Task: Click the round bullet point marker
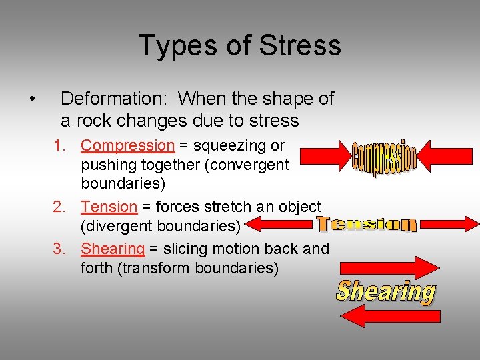click(x=33, y=100)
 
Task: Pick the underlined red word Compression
click(x=127, y=145)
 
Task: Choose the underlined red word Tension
click(x=109, y=207)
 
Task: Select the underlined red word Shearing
click(x=113, y=249)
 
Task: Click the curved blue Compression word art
click(x=385, y=158)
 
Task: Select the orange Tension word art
click(x=366, y=224)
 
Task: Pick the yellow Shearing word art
click(x=386, y=291)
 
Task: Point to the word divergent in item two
click(x=117, y=227)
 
